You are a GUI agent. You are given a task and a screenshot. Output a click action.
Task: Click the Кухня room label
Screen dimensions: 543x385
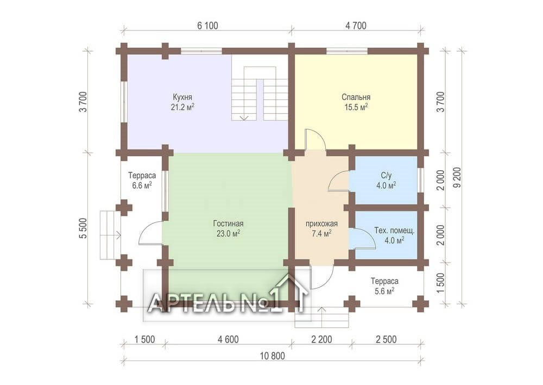182,97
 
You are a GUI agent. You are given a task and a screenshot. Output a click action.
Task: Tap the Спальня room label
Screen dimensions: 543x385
356,97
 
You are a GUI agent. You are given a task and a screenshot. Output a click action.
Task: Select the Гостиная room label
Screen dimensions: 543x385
228,223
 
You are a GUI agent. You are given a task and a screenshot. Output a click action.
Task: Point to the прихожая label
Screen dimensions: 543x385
321,223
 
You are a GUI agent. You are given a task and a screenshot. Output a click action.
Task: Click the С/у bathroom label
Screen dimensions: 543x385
386,176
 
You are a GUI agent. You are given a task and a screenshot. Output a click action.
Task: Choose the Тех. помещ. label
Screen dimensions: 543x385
394,231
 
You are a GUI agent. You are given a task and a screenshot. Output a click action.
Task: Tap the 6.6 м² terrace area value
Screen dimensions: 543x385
142,185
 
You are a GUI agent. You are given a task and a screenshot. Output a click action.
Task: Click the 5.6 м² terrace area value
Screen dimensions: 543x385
384,291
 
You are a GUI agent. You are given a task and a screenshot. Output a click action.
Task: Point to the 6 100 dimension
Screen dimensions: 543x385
207,26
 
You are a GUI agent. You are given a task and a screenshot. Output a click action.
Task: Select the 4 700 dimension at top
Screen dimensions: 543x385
356,26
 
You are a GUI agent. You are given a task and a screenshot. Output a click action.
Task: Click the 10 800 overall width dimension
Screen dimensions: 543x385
272,356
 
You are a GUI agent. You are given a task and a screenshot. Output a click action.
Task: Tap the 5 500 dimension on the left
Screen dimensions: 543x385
83,228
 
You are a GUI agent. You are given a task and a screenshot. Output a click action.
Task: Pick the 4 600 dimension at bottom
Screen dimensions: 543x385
228,339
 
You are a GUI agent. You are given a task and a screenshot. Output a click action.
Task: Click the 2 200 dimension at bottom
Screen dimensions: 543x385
321,339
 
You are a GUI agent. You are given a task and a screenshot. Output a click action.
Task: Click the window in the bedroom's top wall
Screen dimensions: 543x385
348,51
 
